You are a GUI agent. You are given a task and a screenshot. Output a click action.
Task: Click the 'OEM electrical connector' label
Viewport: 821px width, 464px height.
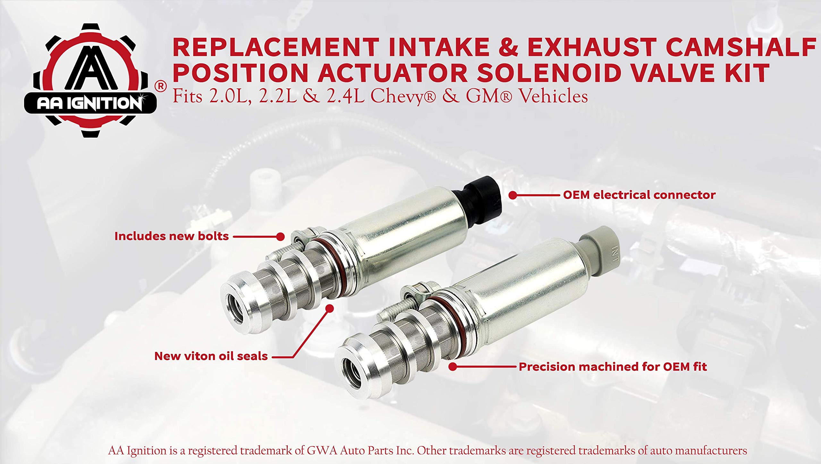(639, 195)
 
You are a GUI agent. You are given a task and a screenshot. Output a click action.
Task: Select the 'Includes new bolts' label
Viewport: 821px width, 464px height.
(172, 236)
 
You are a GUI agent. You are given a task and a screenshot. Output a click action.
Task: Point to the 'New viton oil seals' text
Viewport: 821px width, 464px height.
(211, 356)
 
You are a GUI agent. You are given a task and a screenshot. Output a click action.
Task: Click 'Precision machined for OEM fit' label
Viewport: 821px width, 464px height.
(613, 367)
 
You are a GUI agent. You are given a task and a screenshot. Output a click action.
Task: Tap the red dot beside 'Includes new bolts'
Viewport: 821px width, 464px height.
(280, 237)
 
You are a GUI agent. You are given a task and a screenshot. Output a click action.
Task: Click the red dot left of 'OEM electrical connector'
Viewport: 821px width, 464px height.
(513, 195)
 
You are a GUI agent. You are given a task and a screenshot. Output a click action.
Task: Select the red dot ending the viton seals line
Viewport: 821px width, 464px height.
(329, 308)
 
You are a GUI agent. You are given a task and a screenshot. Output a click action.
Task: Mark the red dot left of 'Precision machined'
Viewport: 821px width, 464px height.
(453, 367)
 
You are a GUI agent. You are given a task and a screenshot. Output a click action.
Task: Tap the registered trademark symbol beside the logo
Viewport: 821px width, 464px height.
(161, 86)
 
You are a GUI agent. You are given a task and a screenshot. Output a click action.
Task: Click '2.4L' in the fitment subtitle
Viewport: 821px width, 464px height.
(343, 97)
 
